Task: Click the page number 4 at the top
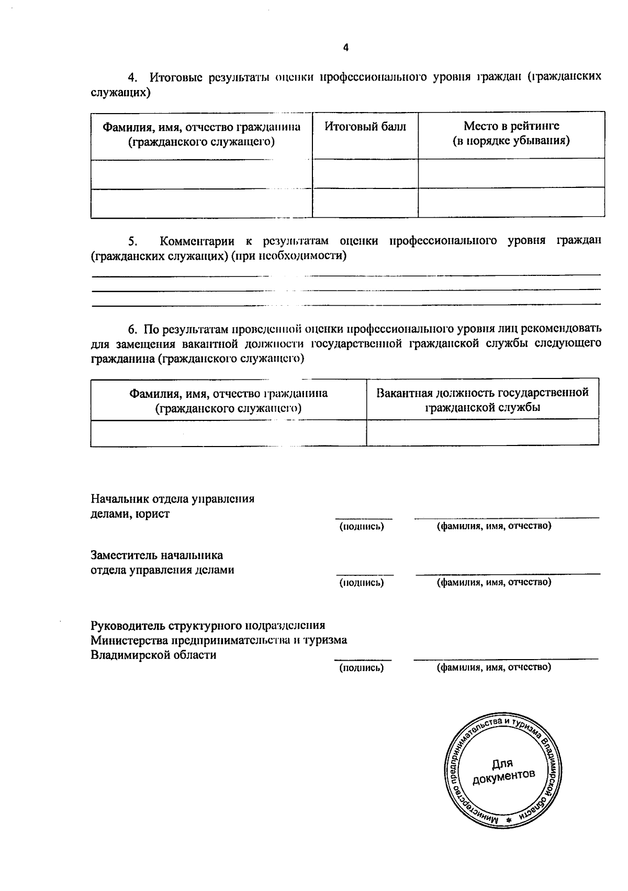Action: (x=345, y=48)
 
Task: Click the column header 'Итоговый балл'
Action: (x=365, y=127)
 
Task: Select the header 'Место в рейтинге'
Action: (x=511, y=126)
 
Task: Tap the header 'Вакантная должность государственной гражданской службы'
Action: (x=482, y=400)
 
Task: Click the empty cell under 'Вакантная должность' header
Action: (x=482, y=432)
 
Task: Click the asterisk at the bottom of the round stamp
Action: (x=508, y=821)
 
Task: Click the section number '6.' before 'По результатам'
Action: (x=133, y=329)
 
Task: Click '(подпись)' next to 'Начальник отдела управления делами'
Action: (x=362, y=527)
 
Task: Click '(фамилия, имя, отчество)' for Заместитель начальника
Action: (x=494, y=582)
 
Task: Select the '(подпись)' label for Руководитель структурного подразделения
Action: (x=361, y=668)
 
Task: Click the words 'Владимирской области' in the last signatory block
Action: (x=153, y=655)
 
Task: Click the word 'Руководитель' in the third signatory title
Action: (x=128, y=626)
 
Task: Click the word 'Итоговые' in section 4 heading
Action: (x=175, y=77)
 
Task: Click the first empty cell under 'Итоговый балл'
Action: (x=365, y=173)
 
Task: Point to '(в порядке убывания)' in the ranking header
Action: (x=511, y=141)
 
